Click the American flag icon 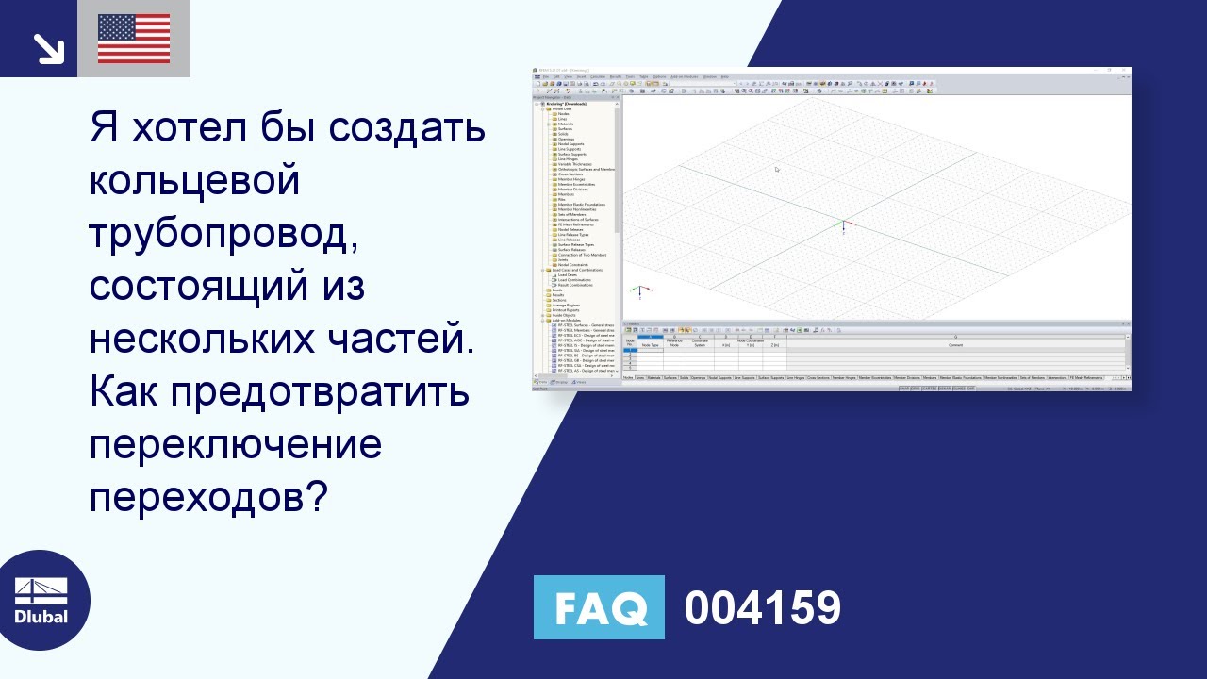[134, 39]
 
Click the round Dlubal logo [41, 600]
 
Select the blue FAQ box [599, 608]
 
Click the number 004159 [762, 608]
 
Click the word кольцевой [194, 179]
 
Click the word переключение [236, 443]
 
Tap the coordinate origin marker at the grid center [842, 225]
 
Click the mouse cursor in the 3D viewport [777, 170]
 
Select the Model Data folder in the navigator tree [563, 108]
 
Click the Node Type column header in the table [650, 346]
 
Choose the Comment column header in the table [954, 346]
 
